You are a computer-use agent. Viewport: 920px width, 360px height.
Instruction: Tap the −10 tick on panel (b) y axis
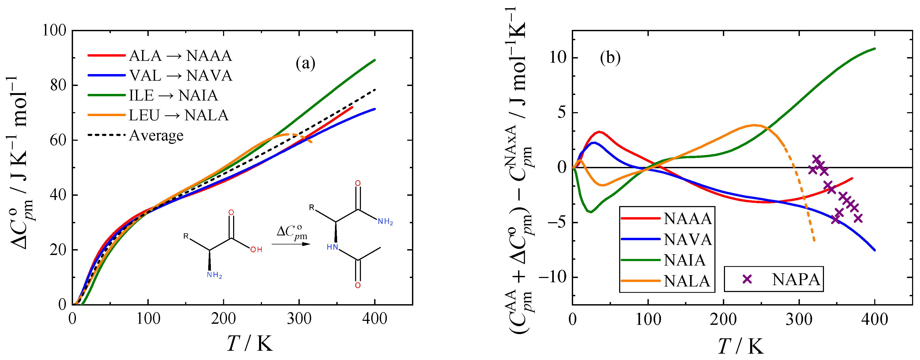(x=553, y=277)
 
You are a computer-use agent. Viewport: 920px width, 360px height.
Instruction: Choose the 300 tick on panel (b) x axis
(x=799, y=318)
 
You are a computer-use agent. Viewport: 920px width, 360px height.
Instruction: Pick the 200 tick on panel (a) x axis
(x=223, y=318)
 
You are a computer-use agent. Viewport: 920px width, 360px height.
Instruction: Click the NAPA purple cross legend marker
(x=747, y=279)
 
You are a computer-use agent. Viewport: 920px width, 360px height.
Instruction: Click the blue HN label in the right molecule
(x=332, y=247)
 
